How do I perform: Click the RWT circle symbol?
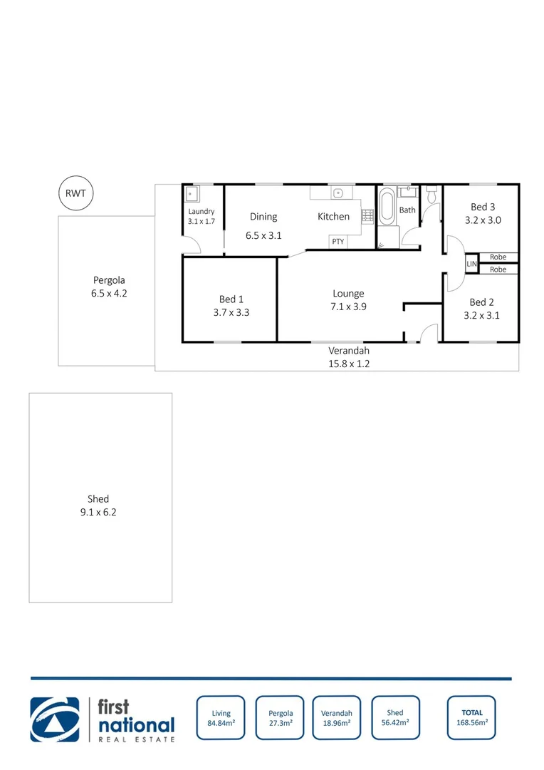click(75, 192)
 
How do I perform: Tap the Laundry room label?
click(202, 212)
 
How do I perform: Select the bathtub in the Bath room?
click(387, 207)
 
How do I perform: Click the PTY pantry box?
click(338, 242)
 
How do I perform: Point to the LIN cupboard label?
click(471, 264)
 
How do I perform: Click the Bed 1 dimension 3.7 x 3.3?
click(231, 312)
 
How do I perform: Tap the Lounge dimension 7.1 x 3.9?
click(349, 307)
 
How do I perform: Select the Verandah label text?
click(349, 351)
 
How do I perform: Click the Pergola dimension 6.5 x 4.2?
click(109, 293)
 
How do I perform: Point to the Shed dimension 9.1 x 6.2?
click(98, 512)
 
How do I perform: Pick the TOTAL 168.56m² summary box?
click(471, 717)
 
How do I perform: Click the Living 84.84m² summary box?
click(221, 717)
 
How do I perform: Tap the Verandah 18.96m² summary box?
click(337, 717)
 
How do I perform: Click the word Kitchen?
click(333, 217)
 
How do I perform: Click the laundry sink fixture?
click(192, 194)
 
